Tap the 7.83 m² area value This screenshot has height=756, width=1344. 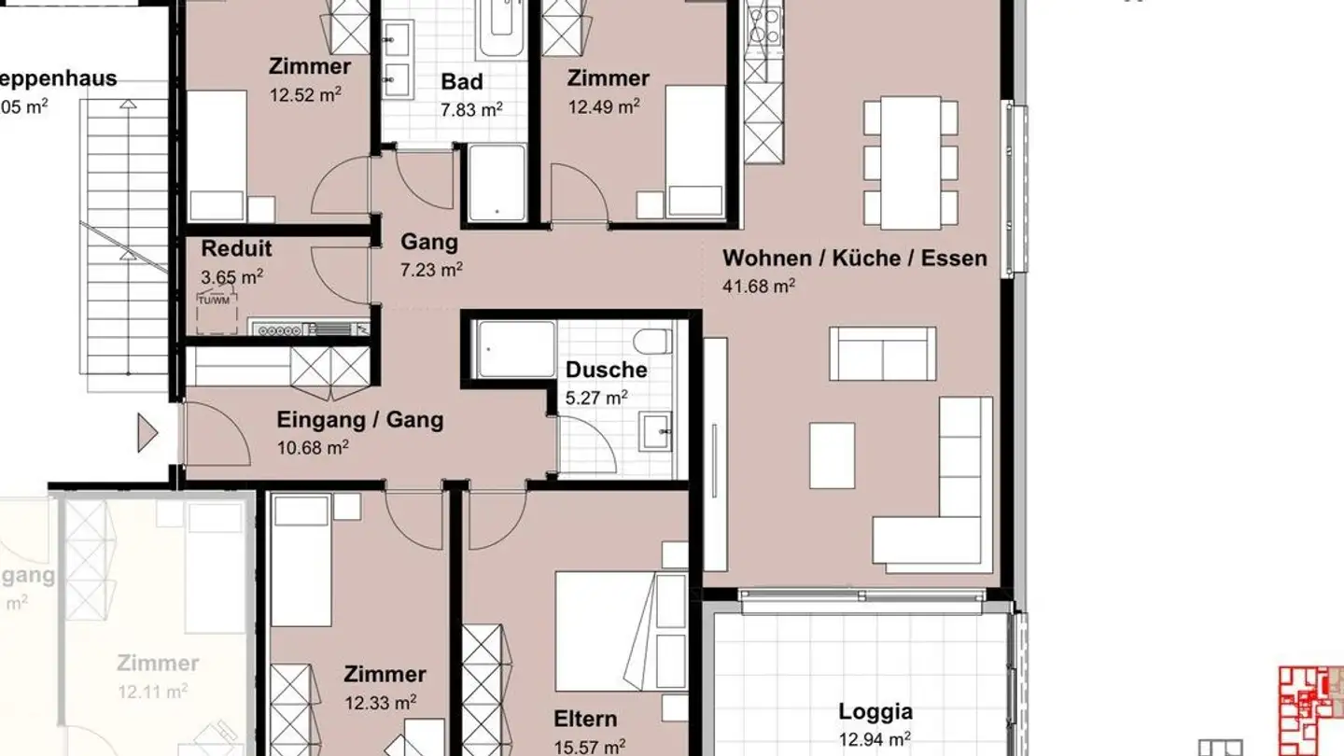coord(471,110)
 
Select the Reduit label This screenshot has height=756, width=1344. coord(236,248)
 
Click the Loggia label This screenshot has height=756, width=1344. coord(875,712)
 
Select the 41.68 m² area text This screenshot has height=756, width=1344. coord(759,287)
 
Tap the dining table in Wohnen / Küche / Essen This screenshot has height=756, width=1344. coord(911,162)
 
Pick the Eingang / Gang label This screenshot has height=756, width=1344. coord(359,420)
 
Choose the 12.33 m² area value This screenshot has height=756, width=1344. coord(381,702)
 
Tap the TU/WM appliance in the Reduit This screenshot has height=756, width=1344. coord(216,312)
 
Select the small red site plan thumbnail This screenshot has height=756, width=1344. coord(1310,710)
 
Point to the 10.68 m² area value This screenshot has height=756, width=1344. coord(313,448)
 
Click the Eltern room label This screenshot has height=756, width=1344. coord(585,719)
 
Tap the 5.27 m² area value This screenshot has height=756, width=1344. coord(596,398)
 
